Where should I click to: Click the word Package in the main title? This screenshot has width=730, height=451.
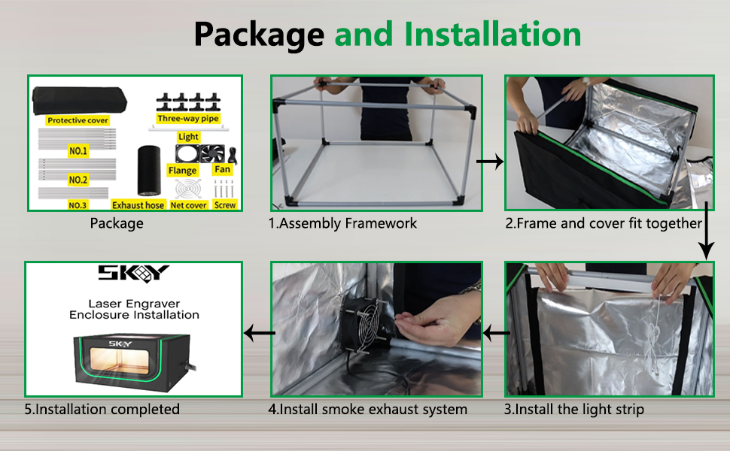tap(258, 35)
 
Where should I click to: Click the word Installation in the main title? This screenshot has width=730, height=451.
tap(492, 35)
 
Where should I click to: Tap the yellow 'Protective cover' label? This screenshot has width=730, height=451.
tap(78, 120)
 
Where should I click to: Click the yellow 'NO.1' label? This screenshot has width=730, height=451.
tap(78, 151)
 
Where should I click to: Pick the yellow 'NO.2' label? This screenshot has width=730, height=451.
tap(78, 180)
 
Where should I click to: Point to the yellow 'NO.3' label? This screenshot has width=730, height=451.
tap(78, 205)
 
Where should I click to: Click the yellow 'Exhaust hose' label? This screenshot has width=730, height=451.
tap(138, 204)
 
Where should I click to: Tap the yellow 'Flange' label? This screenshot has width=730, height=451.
tap(183, 171)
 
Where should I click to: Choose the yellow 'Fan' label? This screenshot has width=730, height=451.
tap(222, 170)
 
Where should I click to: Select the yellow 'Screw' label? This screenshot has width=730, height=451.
tap(224, 204)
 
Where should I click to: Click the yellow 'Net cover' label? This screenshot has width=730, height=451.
tap(188, 204)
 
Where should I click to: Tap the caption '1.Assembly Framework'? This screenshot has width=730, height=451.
tap(342, 223)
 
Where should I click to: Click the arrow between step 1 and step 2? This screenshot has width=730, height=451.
tap(490, 162)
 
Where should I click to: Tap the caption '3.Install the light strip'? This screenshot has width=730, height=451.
tap(573, 410)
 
